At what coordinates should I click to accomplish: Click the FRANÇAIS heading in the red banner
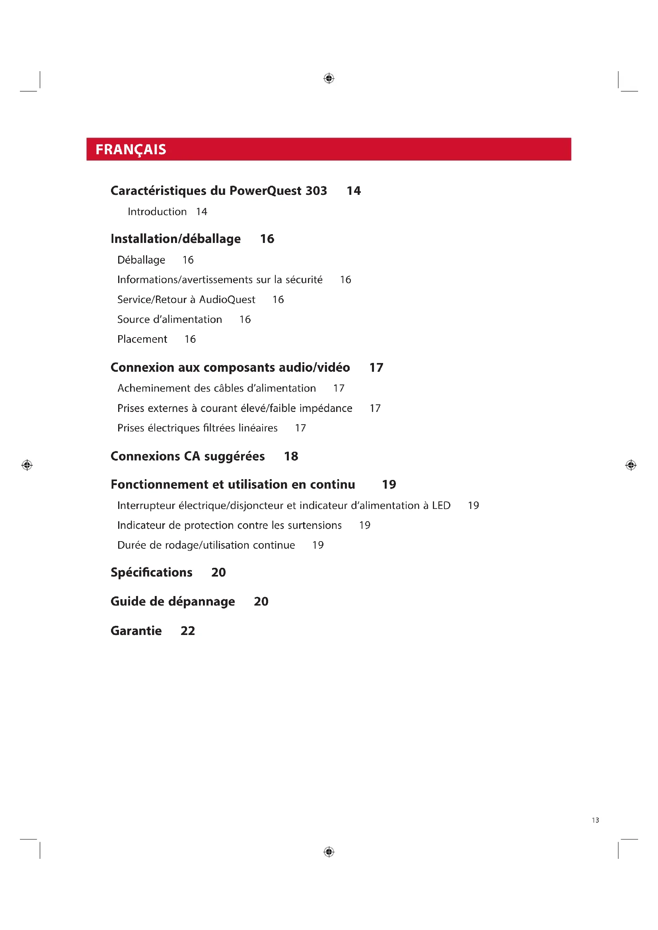[x=130, y=149]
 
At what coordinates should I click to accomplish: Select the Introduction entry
[x=157, y=212]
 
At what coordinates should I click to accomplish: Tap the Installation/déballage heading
[x=175, y=239]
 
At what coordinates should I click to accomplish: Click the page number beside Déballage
[x=188, y=260]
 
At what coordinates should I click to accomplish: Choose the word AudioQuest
[x=227, y=300]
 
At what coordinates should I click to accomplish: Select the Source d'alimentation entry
[x=169, y=320]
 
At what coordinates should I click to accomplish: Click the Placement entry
[x=142, y=340]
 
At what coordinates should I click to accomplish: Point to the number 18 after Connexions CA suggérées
[x=291, y=456]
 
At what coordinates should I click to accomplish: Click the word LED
[x=441, y=505]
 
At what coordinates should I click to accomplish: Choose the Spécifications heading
[x=152, y=572]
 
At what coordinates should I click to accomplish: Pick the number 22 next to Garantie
[x=188, y=631]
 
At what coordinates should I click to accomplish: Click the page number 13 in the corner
[x=595, y=820]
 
